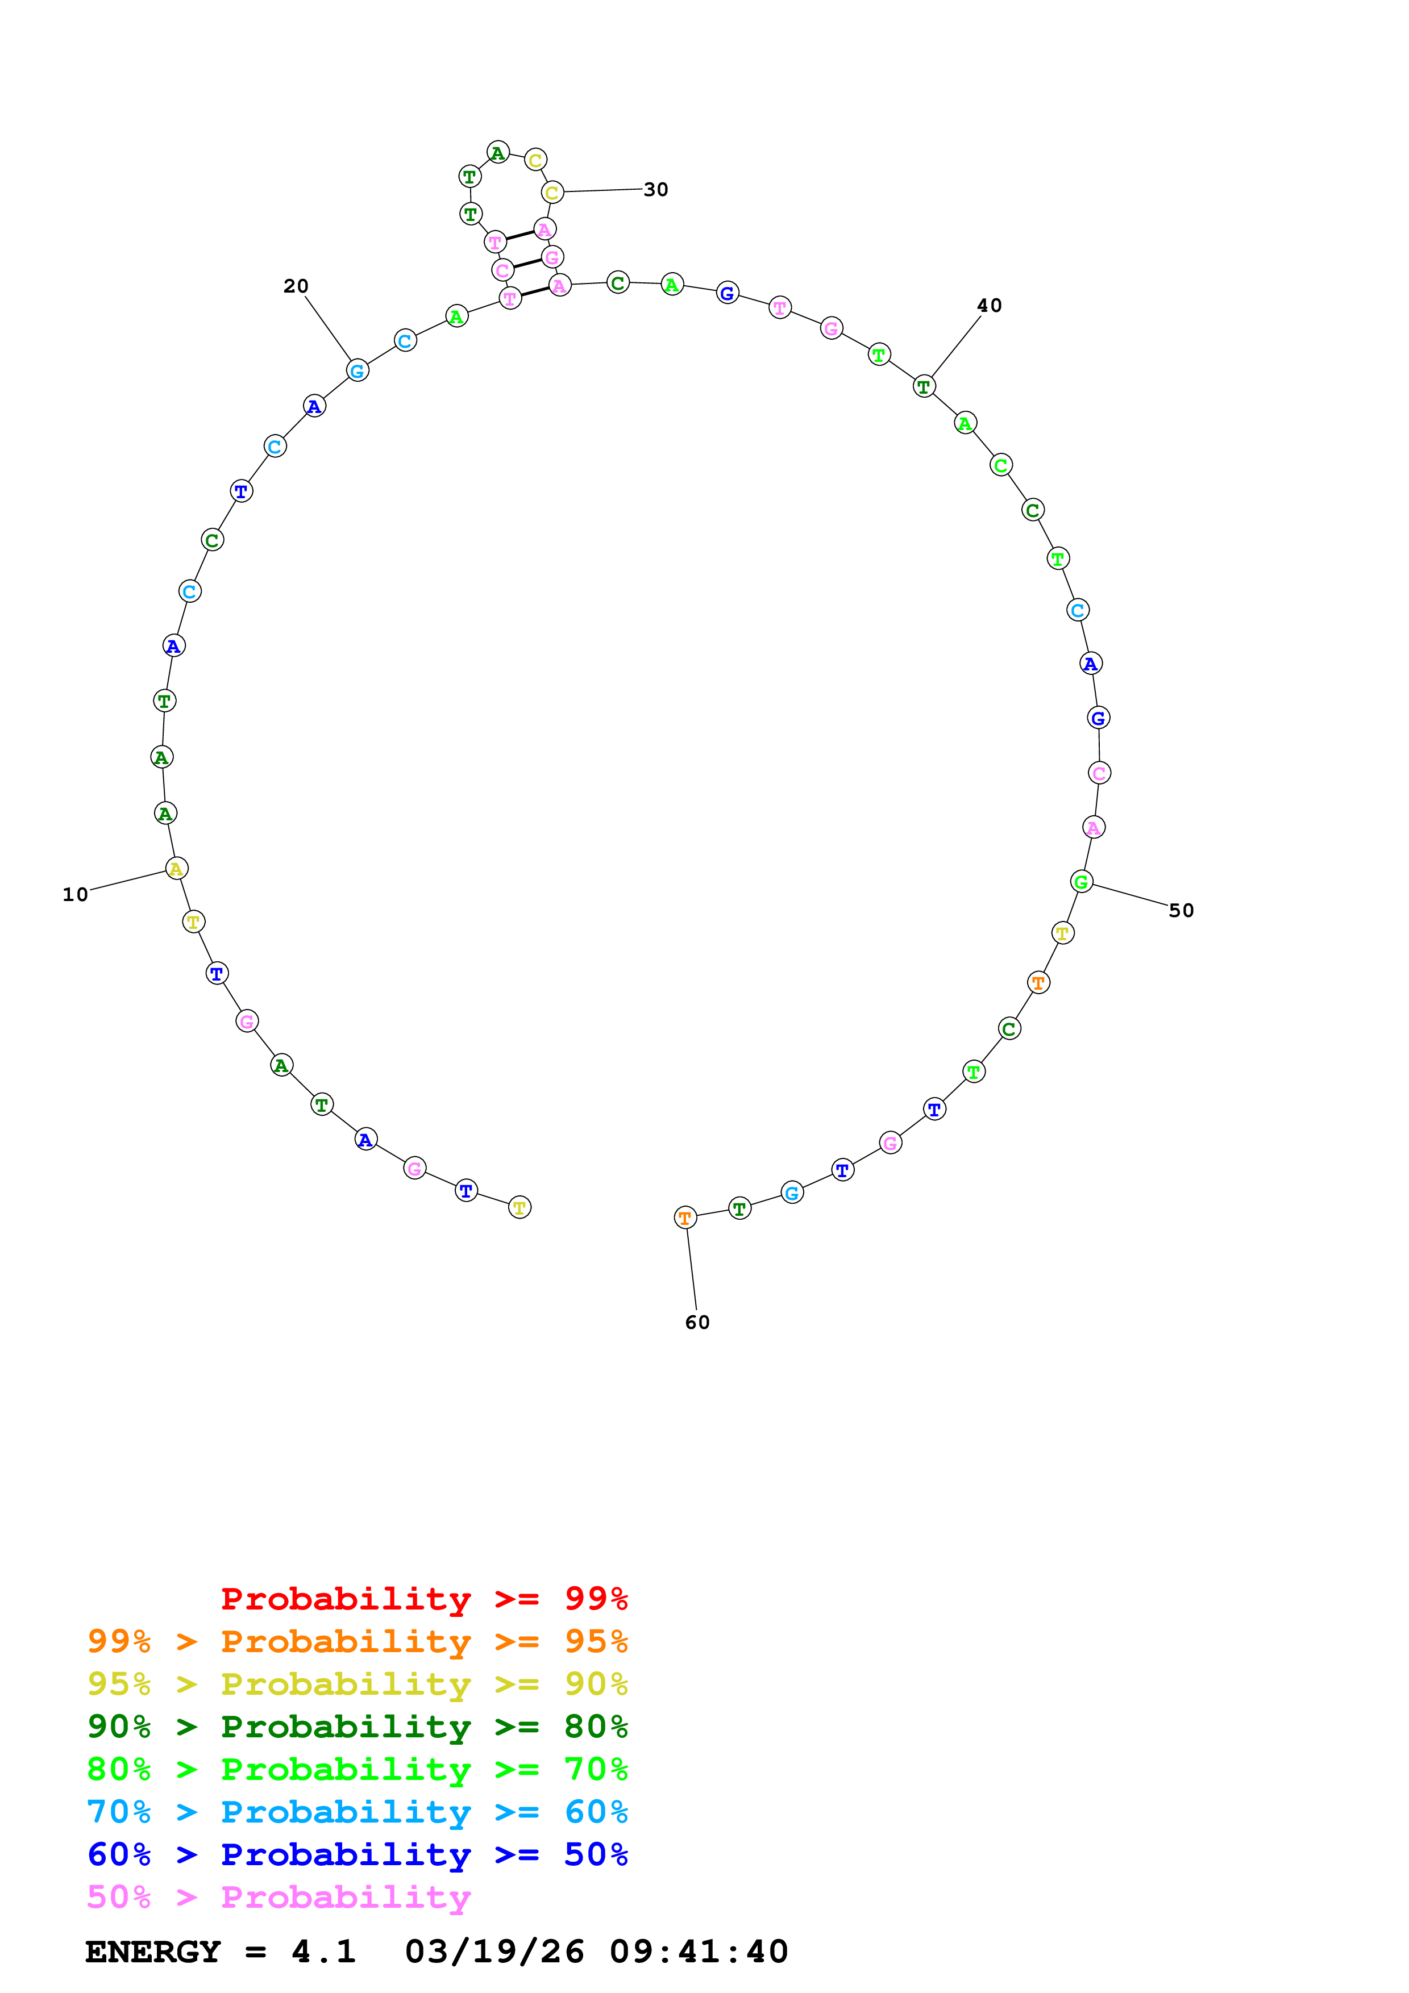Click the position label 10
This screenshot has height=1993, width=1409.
point(76,894)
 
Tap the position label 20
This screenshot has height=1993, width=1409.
point(296,286)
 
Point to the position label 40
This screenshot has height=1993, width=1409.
point(989,306)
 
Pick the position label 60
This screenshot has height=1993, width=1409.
point(697,1322)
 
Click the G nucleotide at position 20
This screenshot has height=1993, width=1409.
point(357,370)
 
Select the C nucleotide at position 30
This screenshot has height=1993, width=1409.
point(552,193)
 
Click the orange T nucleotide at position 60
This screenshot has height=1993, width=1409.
point(685,1218)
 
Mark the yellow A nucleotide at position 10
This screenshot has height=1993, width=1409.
point(176,868)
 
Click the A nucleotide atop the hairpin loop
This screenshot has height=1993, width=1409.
point(497,153)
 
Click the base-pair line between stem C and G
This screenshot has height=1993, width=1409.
point(527,263)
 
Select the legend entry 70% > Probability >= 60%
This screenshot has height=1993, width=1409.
point(357,1812)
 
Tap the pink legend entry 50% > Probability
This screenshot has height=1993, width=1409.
point(279,1898)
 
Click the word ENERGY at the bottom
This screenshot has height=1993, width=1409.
point(153,1952)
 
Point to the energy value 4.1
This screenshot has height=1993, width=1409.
point(324,1952)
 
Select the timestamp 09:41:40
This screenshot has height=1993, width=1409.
point(699,1952)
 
